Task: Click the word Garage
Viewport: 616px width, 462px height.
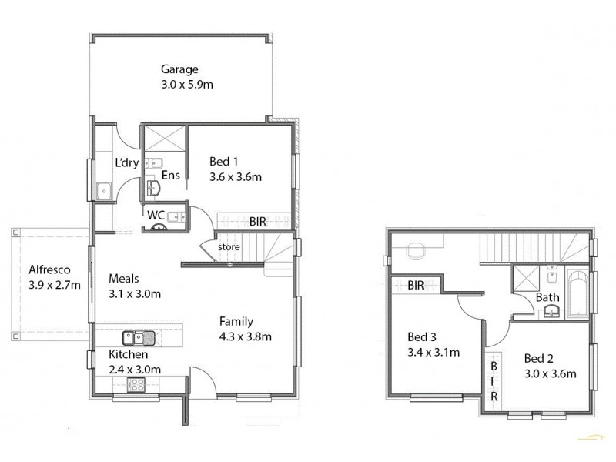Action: tap(179, 69)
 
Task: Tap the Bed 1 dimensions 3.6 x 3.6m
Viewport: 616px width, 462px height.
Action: tap(236, 176)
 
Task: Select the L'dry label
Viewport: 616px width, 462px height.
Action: tap(126, 162)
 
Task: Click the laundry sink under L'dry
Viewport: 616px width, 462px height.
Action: tap(103, 189)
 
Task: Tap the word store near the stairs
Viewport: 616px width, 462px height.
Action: tap(229, 247)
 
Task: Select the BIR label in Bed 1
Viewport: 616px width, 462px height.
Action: tap(257, 221)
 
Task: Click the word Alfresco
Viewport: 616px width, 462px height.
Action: tap(50, 269)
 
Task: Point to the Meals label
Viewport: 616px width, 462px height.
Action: tap(124, 278)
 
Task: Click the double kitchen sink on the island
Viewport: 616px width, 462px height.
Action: tap(138, 337)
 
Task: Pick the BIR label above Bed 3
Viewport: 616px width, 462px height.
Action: tap(416, 285)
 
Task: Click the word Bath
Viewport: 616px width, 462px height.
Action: tap(547, 297)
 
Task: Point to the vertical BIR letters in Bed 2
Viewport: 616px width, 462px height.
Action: tap(494, 378)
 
